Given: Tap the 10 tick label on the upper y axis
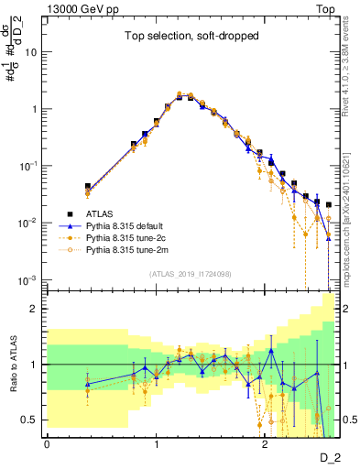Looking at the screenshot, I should click(x=32, y=52).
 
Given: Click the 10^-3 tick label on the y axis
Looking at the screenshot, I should click(x=30, y=279).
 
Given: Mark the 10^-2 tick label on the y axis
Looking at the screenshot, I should click(x=30, y=223).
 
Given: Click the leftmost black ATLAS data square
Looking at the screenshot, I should click(x=88, y=186).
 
